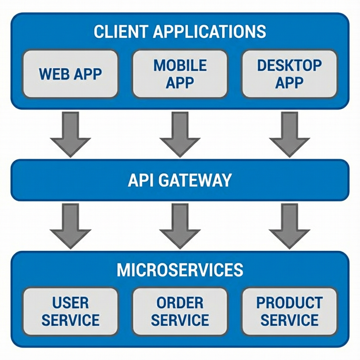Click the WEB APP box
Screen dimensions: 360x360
[x=70, y=74]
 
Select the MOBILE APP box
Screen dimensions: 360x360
[x=180, y=74]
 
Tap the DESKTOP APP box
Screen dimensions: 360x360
[x=289, y=74]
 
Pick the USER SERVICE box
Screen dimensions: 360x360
[x=70, y=311]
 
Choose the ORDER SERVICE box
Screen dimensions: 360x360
[x=180, y=311]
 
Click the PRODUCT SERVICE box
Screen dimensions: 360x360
[x=289, y=311]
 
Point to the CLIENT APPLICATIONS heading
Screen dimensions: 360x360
[x=180, y=32]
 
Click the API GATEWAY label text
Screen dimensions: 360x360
[x=180, y=180]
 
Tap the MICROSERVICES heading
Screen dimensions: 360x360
[x=180, y=270]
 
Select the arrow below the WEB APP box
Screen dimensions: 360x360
[x=70, y=134]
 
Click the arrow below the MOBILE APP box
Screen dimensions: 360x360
[x=180, y=134]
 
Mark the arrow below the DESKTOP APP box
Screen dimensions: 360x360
[x=289, y=134]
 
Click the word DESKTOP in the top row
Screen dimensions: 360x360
[x=289, y=65]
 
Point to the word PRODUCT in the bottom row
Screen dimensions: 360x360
[x=289, y=303]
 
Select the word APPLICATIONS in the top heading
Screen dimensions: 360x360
[x=210, y=32]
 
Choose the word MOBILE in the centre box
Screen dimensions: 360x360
[x=180, y=65]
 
